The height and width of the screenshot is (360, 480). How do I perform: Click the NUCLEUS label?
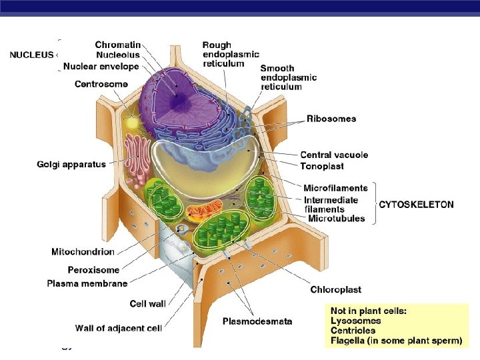31,55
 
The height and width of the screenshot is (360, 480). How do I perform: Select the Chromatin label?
118,45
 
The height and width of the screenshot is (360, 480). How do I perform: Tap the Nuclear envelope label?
101,66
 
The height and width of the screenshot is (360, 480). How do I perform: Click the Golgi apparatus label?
71,164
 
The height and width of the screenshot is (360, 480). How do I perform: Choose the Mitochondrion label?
83,252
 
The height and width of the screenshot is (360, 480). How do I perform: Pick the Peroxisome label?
93,270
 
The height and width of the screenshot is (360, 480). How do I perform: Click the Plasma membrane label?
87,283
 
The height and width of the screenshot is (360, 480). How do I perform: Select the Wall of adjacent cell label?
119,327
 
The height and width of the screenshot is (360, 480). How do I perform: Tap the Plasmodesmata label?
257,321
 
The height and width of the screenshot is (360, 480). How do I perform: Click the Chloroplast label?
336,289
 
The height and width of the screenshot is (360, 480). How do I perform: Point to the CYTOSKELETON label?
416,205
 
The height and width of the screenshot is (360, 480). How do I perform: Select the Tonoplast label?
322,166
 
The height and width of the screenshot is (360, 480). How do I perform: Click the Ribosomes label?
331,119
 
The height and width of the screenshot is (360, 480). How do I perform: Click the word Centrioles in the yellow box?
353,330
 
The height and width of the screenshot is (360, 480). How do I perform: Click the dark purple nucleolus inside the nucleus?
179,101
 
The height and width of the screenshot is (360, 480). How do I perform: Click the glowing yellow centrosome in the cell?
132,123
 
